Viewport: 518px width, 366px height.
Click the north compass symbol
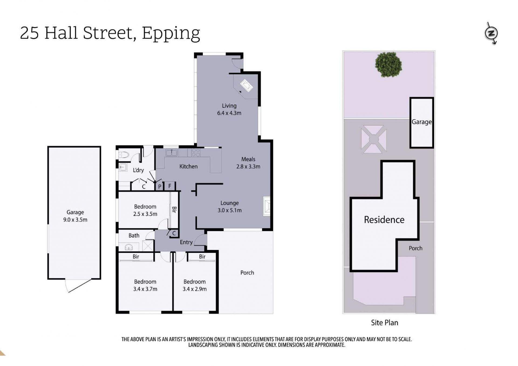point(491,33)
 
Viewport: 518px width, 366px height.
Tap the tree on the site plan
point(388,65)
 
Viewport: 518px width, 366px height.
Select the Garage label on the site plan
point(421,122)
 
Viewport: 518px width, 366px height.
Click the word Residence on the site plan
point(384,220)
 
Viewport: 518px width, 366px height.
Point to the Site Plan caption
point(384,323)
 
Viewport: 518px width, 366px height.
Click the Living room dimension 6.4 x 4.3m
point(229,113)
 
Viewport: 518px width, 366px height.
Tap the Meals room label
point(248,159)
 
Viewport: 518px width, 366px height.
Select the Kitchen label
point(188,167)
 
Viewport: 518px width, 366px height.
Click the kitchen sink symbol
point(171,152)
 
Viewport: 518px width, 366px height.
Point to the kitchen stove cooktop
point(196,152)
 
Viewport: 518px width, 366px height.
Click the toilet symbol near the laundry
point(124,155)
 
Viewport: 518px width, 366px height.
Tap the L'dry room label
point(138,170)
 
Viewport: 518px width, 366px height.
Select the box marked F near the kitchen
point(170,186)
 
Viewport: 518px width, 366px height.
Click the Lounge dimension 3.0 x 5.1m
point(230,210)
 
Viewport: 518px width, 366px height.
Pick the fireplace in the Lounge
point(267,206)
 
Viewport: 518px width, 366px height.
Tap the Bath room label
point(134,236)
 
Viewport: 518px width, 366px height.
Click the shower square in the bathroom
point(148,246)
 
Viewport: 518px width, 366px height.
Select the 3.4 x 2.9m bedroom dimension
point(195,289)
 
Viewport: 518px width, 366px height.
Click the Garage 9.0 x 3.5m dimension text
point(75,220)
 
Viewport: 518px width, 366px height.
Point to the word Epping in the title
point(171,33)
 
